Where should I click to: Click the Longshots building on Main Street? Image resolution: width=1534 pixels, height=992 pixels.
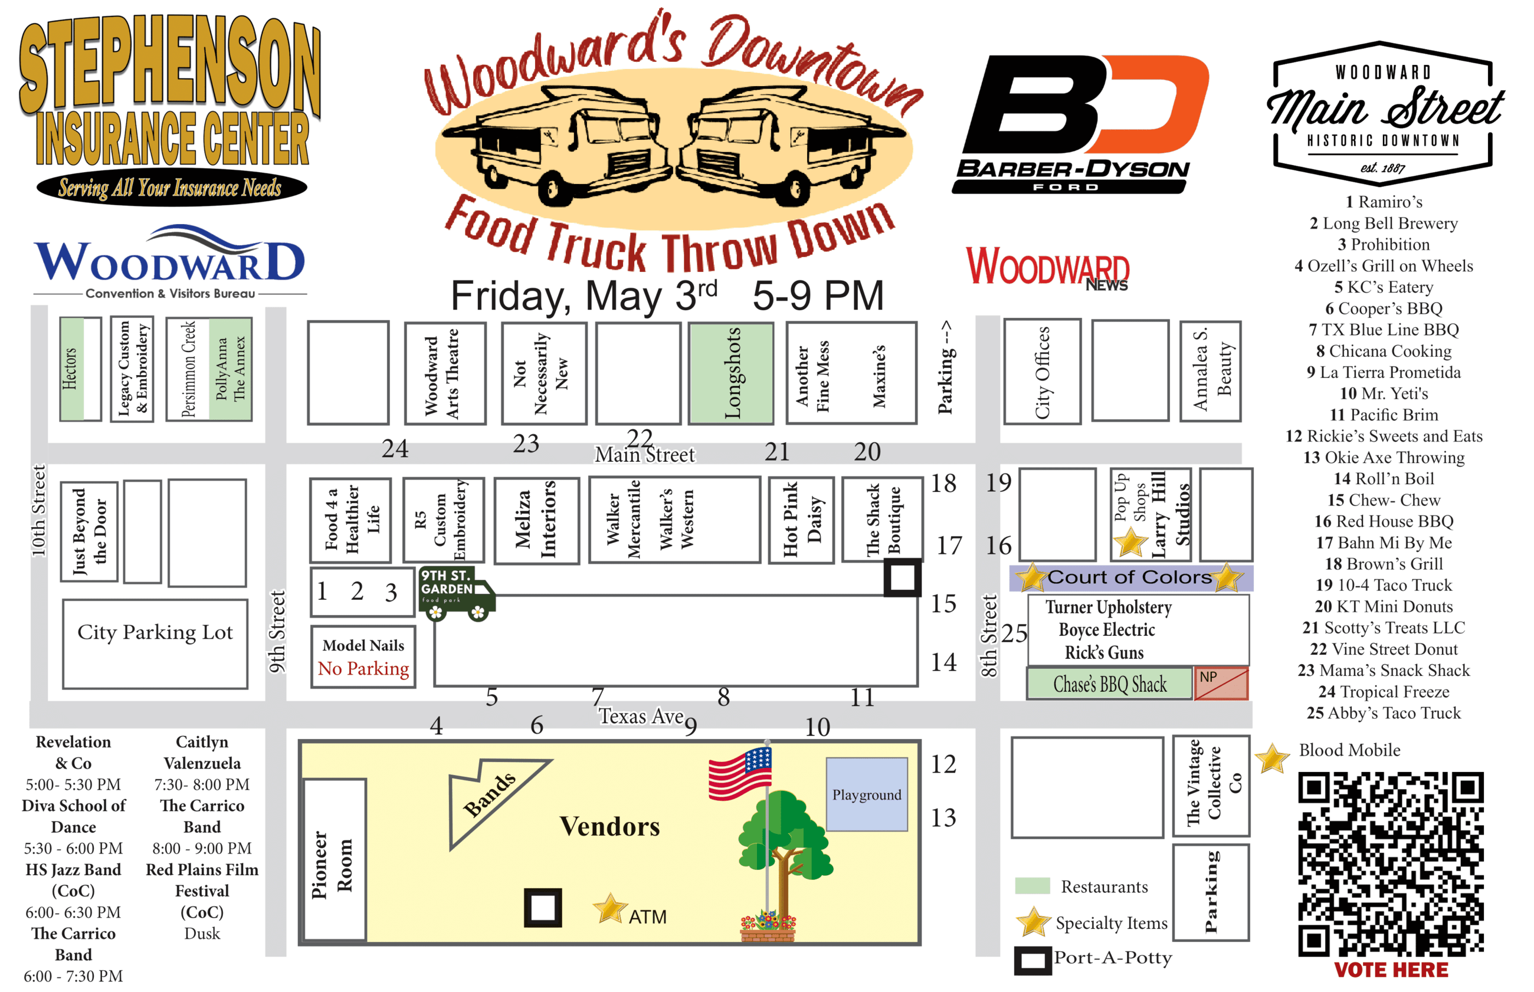[730, 373]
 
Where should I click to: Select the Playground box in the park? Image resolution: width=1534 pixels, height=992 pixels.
[867, 794]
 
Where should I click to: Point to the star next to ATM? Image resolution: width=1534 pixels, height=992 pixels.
[609, 909]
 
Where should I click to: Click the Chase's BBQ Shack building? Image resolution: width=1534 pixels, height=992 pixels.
[1109, 684]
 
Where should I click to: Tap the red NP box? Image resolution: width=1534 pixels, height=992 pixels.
[1220, 683]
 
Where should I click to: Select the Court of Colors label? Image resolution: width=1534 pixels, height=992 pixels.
[1129, 577]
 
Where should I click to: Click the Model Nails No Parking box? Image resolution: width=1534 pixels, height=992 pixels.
[363, 657]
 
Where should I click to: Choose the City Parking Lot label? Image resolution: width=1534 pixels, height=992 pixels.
[155, 633]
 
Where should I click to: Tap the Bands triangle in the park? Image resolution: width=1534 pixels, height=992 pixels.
[490, 795]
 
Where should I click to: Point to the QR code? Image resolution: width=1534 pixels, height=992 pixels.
[1389, 863]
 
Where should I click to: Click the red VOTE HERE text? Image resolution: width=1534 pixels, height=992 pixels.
[1390, 970]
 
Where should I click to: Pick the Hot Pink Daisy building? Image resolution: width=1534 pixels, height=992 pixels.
[801, 520]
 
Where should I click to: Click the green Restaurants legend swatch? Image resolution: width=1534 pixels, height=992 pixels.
[1031, 886]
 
